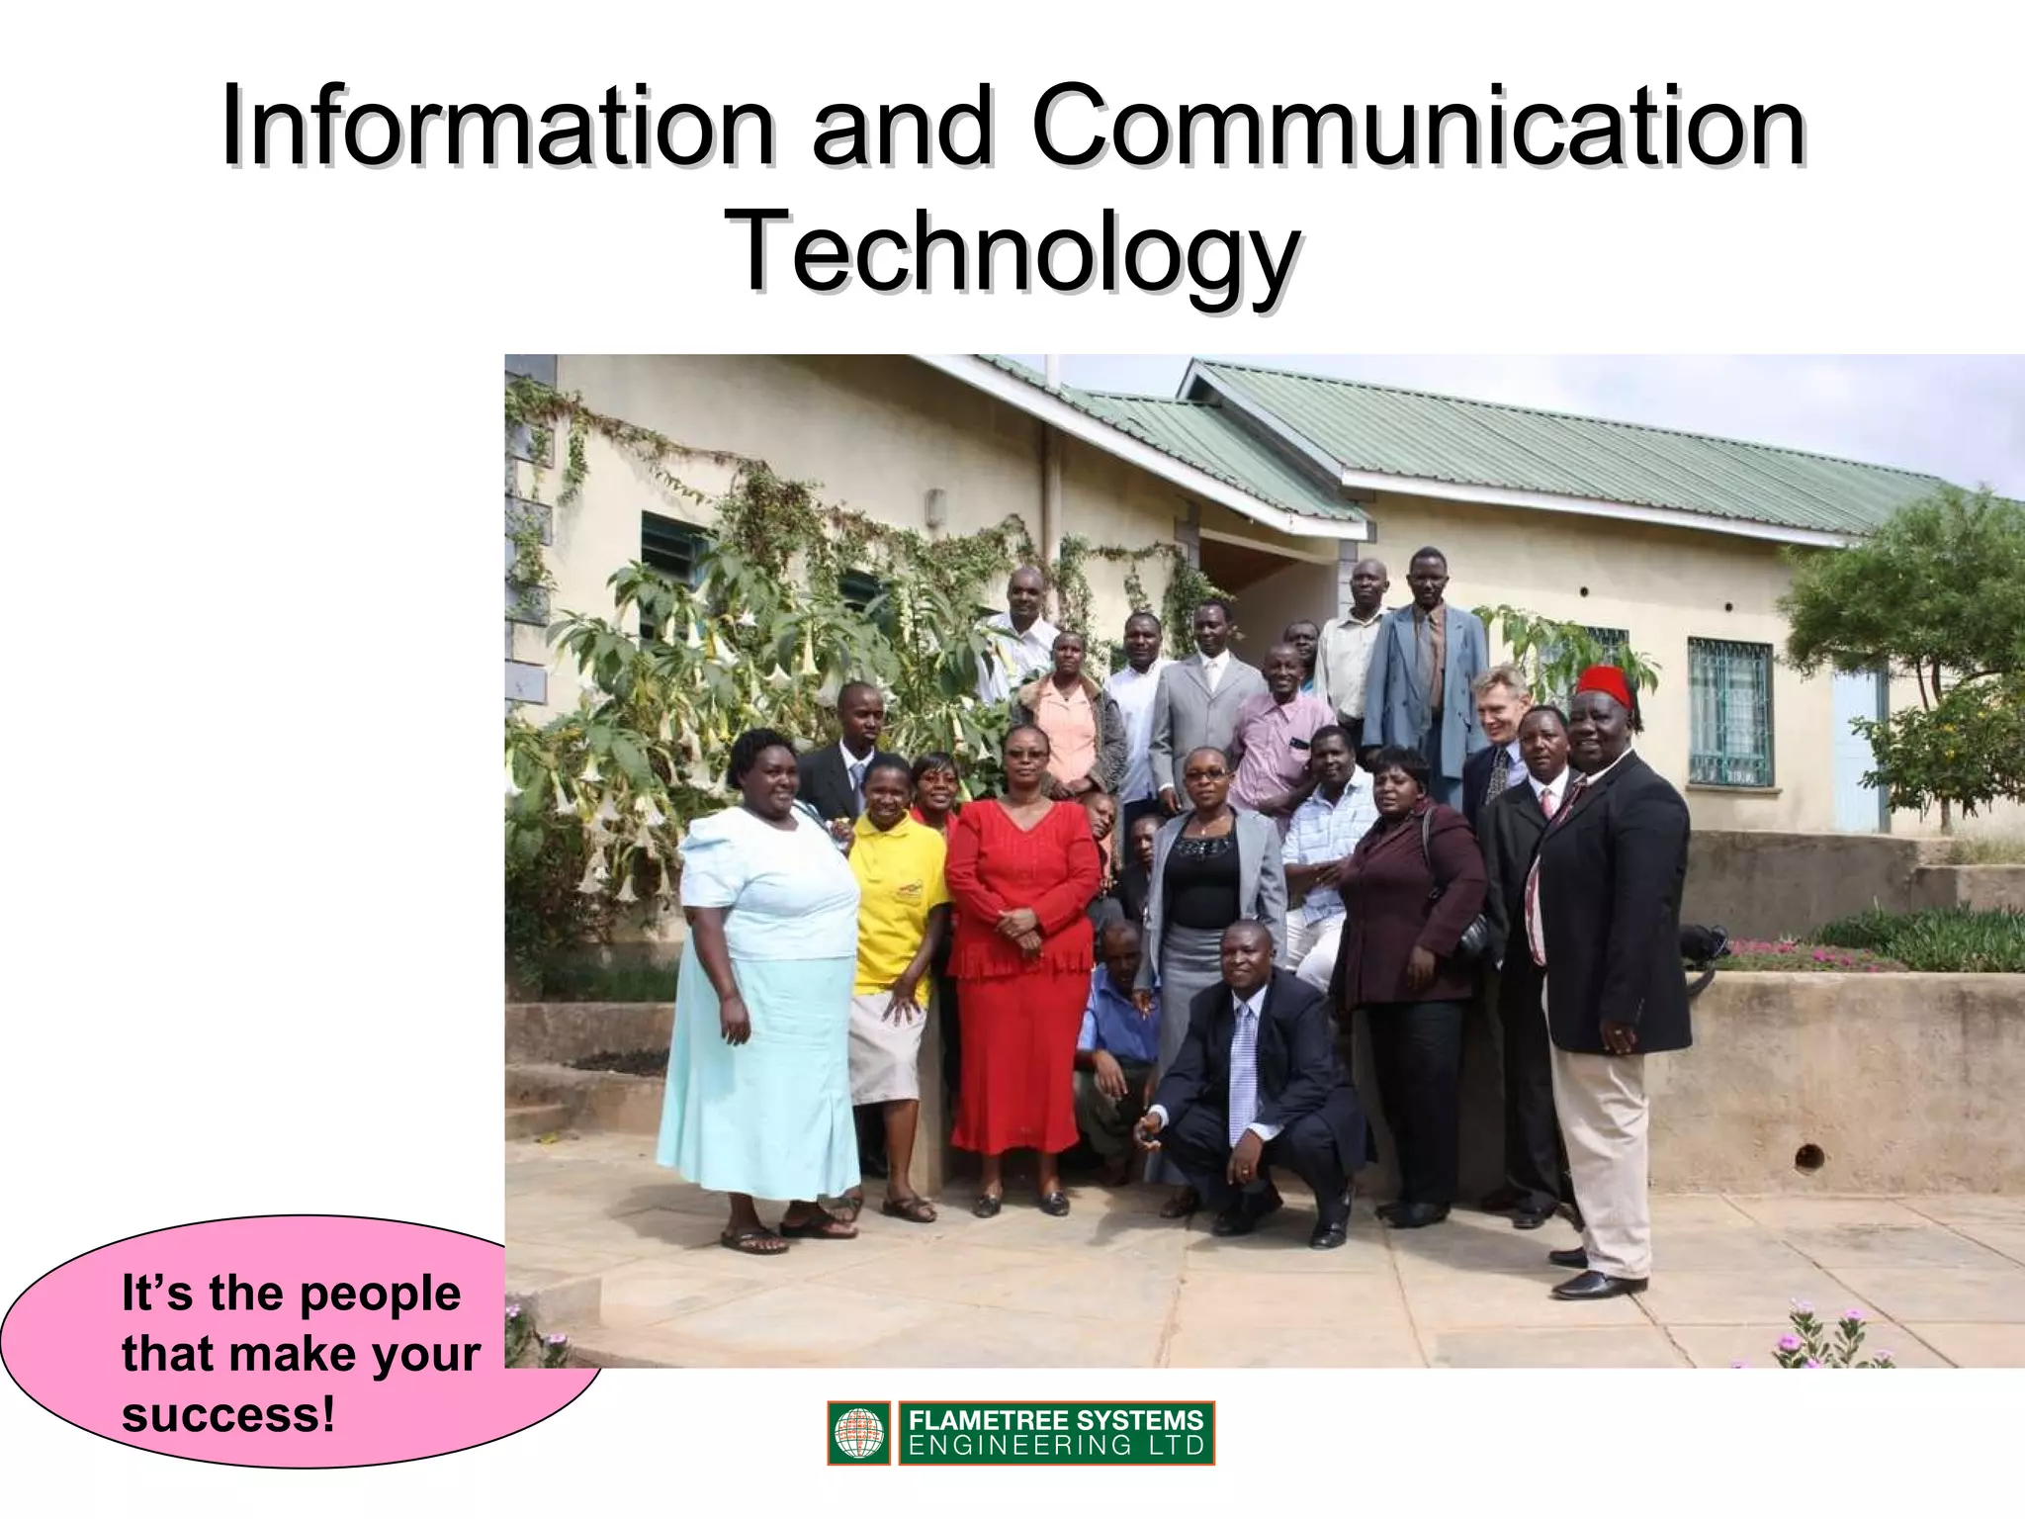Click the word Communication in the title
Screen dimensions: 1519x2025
pyautogui.click(x=1420, y=129)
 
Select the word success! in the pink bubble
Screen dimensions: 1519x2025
pyautogui.click(x=228, y=1414)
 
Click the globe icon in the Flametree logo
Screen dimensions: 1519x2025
pyautogui.click(x=858, y=1433)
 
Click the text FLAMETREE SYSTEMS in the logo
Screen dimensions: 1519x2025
pyautogui.click(x=1055, y=1421)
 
